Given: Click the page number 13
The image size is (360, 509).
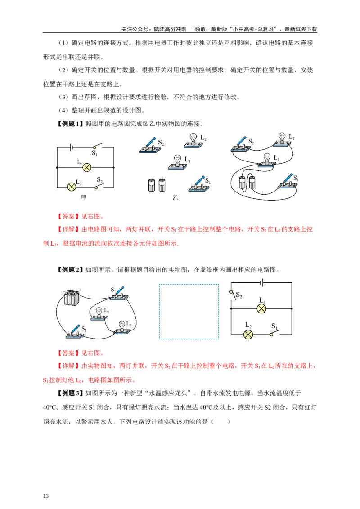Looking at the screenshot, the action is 45,496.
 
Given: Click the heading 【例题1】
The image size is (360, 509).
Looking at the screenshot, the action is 70,124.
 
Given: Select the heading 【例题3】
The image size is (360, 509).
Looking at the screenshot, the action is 70,393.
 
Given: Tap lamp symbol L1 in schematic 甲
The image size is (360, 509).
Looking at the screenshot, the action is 86,168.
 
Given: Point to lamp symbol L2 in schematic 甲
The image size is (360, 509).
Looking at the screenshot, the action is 72,187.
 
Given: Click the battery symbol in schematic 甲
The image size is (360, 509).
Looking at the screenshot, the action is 72,147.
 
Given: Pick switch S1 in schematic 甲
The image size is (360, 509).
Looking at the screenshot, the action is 97,147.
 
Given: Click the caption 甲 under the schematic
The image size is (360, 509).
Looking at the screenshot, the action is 84,197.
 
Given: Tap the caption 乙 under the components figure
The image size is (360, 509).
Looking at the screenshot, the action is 175,197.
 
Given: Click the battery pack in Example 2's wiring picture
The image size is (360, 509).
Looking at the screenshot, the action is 72,297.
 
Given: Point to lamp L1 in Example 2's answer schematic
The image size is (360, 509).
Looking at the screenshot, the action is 261,308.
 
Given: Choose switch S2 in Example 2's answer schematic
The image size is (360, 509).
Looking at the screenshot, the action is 233,295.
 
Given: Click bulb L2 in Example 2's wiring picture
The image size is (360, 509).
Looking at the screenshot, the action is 122,327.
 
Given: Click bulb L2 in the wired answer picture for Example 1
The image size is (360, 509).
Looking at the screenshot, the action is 282,139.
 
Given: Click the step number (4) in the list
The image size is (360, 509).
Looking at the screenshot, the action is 64,110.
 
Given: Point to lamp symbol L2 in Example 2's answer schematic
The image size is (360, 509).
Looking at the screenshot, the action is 248,335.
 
